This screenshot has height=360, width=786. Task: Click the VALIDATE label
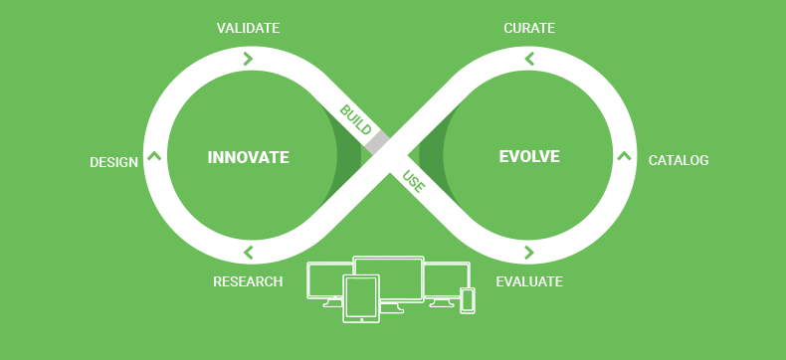tap(248, 28)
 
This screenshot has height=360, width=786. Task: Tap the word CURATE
tap(529, 28)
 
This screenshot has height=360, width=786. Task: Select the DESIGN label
tap(114, 162)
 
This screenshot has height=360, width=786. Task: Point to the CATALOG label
tap(679, 160)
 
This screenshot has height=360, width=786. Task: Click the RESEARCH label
tap(248, 281)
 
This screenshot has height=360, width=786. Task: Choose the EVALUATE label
tap(529, 281)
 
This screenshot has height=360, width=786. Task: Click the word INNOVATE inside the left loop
tap(249, 157)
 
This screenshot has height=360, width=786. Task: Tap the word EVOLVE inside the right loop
tap(529, 157)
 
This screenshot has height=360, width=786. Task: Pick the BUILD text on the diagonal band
tap(355, 119)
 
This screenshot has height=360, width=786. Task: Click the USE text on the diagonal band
tap(414, 183)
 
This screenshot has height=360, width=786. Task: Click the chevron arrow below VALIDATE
tap(248, 59)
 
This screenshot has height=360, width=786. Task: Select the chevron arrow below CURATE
tap(529, 59)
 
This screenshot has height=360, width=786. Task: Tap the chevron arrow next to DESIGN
tap(154, 155)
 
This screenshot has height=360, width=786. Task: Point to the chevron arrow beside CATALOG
tap(624, 155)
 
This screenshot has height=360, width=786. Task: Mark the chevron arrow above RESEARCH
tap(248, 253)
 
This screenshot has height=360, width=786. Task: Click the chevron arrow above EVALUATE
tap(529, 253)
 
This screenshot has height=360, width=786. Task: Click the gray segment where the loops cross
tap(376, 143)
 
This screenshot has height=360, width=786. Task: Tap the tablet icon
tap(361, 298)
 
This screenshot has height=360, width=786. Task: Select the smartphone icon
tap(468, 300)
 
